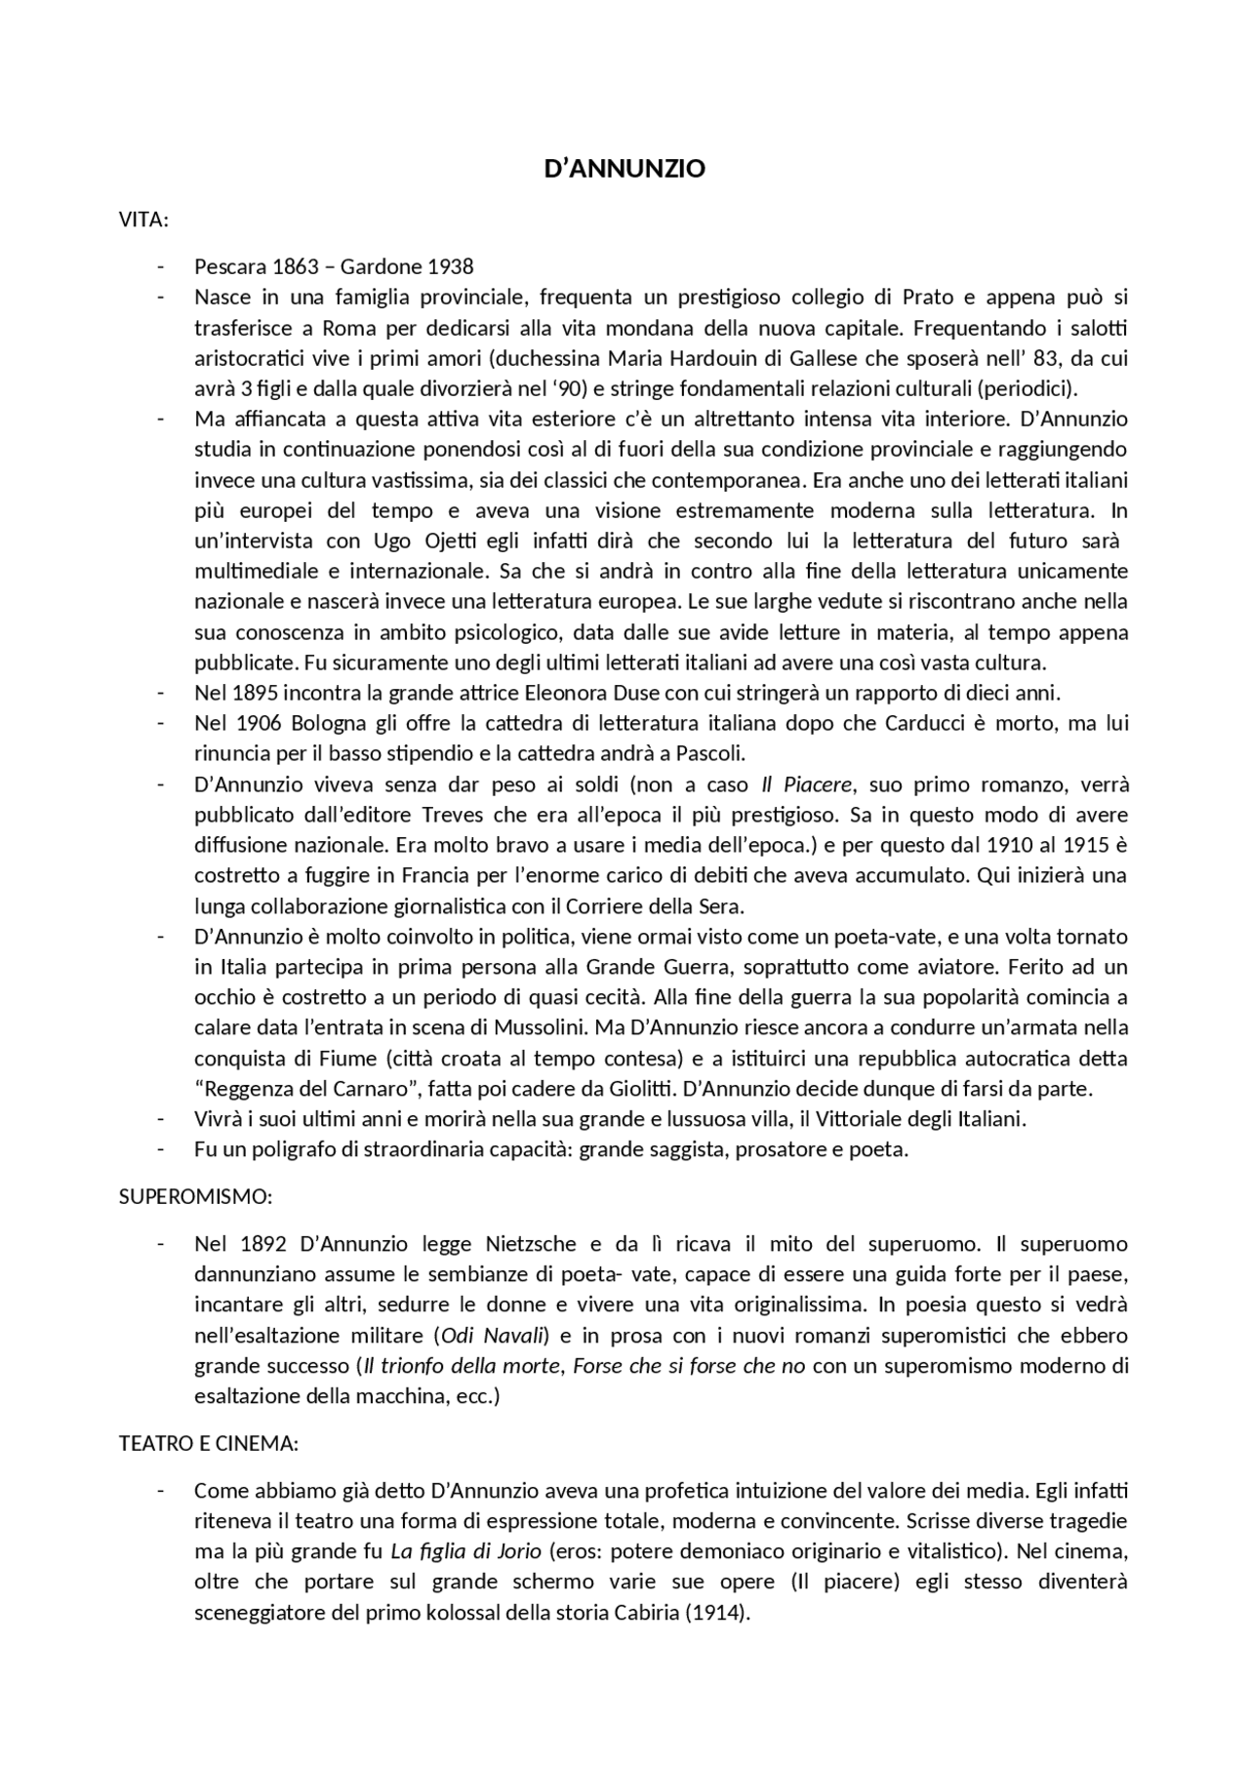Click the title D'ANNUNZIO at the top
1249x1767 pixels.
click(x=624, y=169)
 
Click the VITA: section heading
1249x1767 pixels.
click(x=143, y=220)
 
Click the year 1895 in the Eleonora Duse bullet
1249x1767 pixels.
click(x=256, y=693)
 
